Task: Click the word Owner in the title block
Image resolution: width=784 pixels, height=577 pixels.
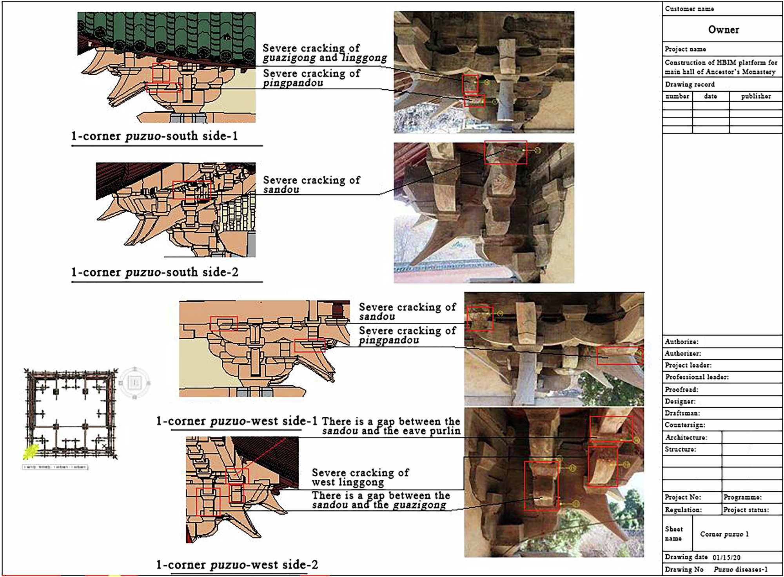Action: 723,30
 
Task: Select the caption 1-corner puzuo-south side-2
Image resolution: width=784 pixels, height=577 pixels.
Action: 154,272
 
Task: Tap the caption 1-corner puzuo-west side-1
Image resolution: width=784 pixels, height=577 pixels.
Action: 236,421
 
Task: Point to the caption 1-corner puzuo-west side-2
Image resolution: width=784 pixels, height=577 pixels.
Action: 237,565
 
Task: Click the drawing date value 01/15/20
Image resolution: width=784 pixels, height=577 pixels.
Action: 726,557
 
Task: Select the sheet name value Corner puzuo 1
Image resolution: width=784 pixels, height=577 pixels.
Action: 724,534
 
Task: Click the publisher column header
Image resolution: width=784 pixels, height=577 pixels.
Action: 755,96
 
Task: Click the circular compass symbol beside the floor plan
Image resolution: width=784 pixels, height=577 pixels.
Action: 134,382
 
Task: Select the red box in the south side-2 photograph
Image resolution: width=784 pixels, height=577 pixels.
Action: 505,152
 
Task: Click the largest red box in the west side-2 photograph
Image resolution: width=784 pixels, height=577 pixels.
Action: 541,486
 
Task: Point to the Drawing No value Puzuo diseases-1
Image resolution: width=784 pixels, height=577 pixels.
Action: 740,569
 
